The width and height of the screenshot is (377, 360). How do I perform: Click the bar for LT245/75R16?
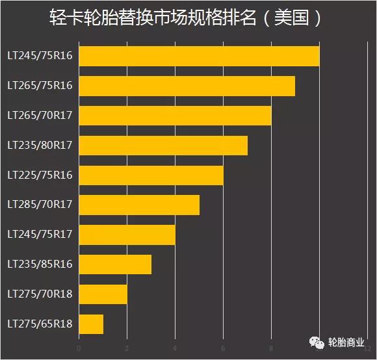click(199, 56)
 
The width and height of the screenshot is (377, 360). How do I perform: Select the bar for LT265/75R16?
click(187, 86)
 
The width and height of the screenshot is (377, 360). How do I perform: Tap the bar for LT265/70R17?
click(175, 116)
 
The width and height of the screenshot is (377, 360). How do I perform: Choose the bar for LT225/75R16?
click(151, 175)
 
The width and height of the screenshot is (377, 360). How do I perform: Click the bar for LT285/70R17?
click(139, 205)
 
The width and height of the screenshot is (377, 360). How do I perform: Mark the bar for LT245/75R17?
click(127, 235)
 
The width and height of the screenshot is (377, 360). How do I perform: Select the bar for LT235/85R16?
click(115, 264)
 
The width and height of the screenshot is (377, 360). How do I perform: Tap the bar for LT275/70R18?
click(103, 294)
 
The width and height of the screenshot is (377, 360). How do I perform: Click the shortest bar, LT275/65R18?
click(91, 324)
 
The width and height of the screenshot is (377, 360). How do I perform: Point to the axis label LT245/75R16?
click(40, 56)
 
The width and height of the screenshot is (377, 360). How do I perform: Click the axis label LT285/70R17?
click(40, 205)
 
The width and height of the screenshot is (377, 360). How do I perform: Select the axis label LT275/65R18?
click(40, 324)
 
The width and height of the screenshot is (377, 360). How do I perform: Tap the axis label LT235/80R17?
click(40, 146)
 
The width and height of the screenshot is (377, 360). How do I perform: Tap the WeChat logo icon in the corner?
click(315, 342)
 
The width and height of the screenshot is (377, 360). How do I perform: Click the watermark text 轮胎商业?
click(346, 342)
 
